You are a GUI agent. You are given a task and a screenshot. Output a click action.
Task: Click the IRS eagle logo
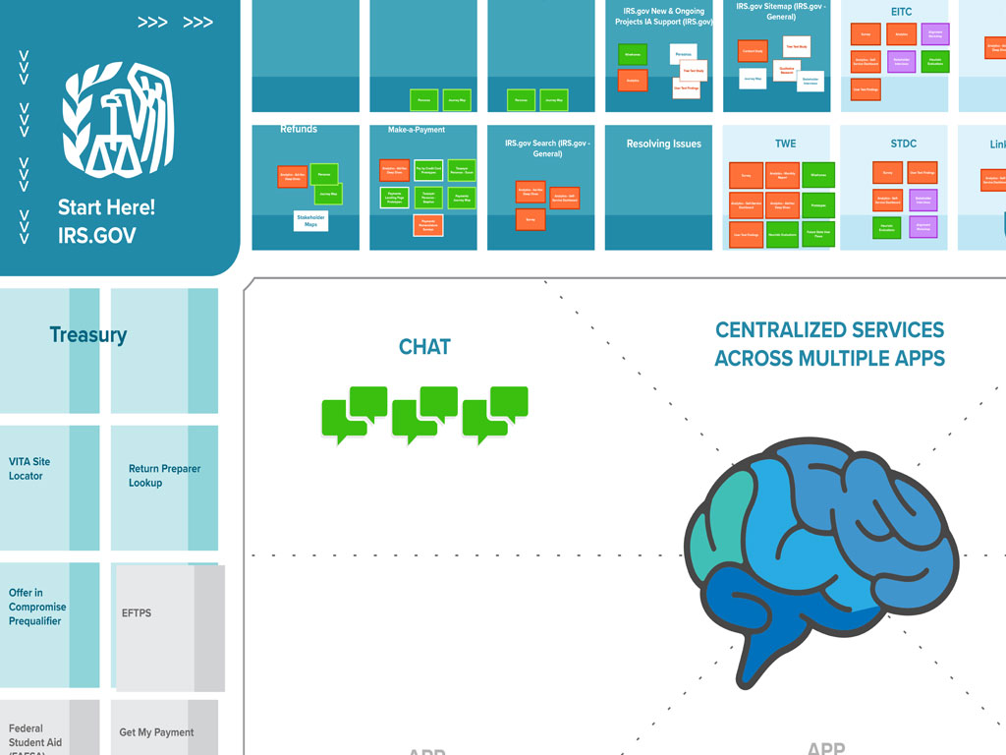(118, 123)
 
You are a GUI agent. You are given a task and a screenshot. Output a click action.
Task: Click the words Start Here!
(106, 207)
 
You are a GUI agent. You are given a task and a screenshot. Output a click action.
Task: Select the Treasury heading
(88, 335)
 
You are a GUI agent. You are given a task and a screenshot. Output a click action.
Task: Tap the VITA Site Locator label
(29, 469)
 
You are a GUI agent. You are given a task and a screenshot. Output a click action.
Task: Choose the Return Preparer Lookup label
(164, 476)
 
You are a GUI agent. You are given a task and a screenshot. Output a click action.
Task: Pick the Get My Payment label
(156, 732)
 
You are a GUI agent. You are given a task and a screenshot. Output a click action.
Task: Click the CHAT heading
(424, 347)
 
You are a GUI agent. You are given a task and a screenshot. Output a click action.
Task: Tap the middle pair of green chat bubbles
(424, 414)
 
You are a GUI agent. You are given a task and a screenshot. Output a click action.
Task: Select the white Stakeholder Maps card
(311, 221)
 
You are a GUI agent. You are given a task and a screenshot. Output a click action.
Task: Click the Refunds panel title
(299, 129)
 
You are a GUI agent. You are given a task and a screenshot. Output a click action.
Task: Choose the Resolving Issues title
(664, 144)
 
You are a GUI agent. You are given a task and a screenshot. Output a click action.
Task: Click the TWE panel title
(785, 144)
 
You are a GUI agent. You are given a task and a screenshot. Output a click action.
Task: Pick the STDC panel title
(903, 144)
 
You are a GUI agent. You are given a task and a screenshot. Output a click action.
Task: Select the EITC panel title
(902, 12)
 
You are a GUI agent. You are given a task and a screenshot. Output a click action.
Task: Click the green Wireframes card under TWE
(817, 175)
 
